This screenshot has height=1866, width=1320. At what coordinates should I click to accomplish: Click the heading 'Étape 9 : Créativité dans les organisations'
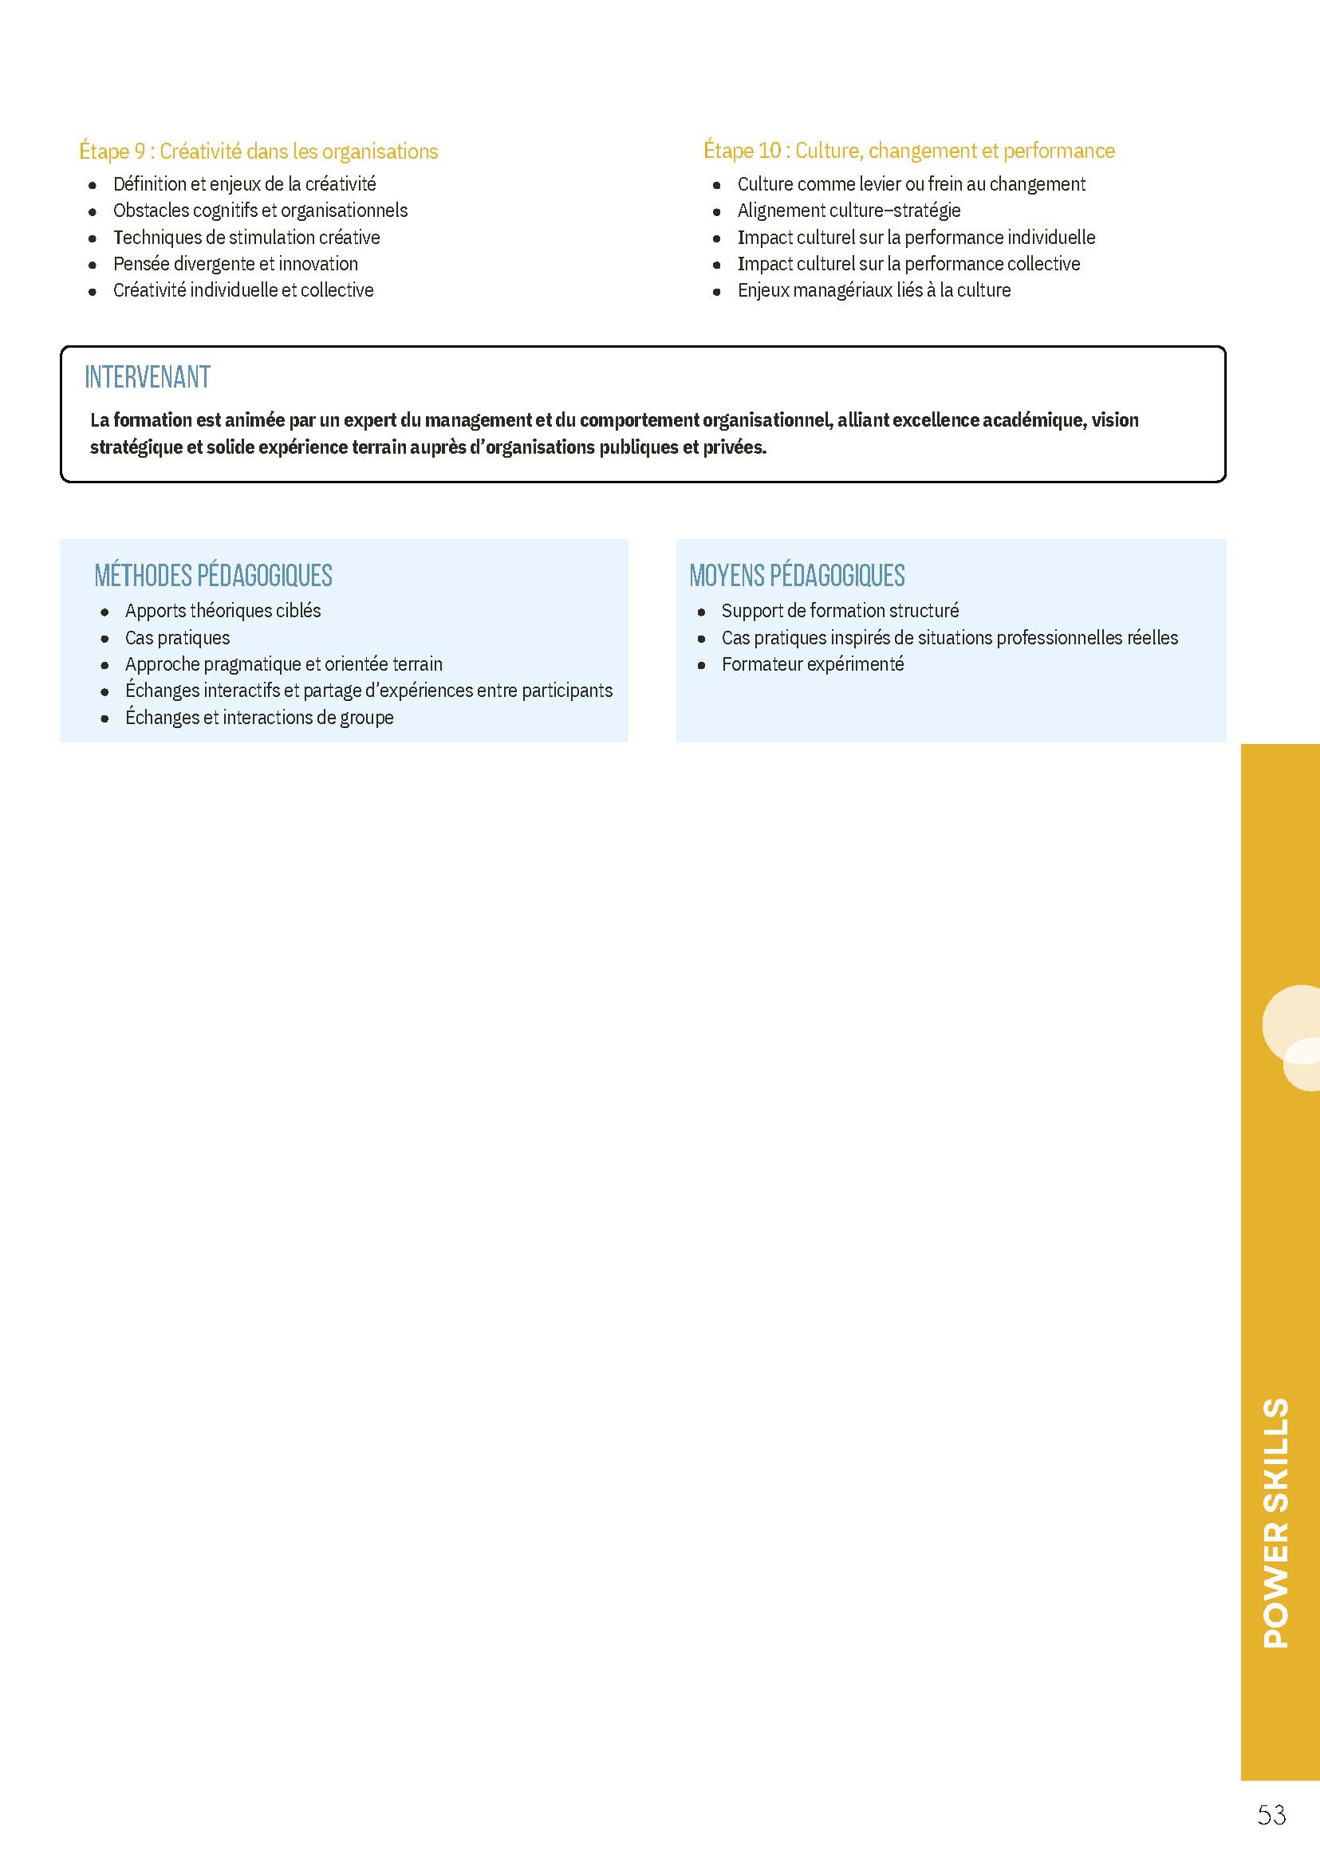[258, 152]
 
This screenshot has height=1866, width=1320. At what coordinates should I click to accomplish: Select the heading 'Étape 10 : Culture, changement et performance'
[908, 151]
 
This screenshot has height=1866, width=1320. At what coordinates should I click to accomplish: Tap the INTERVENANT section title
[147, 377]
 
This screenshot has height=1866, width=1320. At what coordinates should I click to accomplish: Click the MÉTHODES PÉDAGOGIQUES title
[213, 576]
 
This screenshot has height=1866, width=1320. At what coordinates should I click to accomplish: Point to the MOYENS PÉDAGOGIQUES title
[797, 576]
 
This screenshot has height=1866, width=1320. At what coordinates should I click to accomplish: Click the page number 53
[1271, 1815]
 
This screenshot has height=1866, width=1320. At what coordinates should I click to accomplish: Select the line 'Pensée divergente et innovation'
[235, 264]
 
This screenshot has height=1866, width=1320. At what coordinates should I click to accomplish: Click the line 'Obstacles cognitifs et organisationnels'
[260, 211]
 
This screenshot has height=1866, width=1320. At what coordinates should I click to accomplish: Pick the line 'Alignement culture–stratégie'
[849, 211]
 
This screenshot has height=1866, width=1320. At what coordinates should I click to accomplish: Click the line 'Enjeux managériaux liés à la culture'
[874, 290]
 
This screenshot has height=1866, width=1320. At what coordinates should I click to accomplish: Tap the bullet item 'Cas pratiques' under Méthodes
[177, 638]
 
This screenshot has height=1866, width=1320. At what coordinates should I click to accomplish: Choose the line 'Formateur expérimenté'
[812, 664]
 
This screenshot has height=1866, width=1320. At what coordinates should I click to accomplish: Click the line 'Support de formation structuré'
[840, 610]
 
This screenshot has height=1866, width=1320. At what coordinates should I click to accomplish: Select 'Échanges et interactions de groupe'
[258, 718]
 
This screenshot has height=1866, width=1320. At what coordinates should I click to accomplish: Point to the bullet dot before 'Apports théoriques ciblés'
[104, 612]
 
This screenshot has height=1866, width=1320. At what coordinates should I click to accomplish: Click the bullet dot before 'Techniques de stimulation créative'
[93, 239]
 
